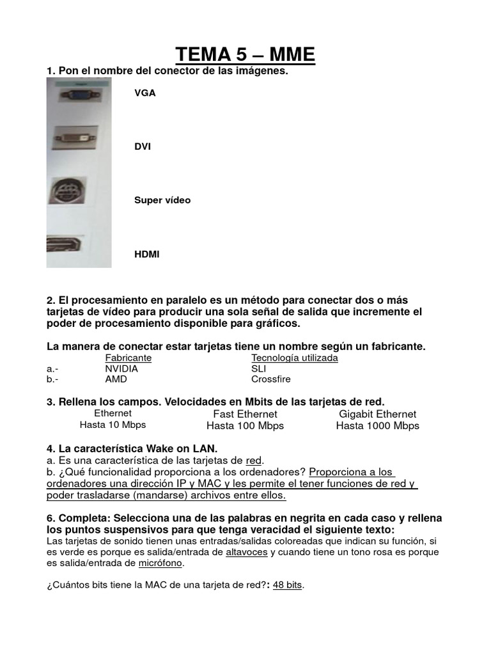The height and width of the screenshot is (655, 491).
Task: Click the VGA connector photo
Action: click(78, 95)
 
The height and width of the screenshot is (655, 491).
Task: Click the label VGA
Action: click(144, 93)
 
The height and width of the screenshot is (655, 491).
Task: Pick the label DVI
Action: click(142, 146)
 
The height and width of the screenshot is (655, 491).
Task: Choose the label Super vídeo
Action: click(162, 200)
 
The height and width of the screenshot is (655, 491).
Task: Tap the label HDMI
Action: click(147, 254)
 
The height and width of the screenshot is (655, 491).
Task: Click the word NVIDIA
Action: click(121, 368)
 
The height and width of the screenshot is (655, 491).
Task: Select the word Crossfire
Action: click(271, 379)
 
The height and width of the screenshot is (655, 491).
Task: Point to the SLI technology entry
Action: click(259, 368)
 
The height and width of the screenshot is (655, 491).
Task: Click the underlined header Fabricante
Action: click(129, 358)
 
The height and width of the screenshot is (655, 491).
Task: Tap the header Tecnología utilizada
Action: click(295, 358)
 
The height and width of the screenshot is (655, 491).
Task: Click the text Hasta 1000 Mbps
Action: click(378, 425)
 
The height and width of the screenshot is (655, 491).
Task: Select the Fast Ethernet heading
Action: click(245, 414)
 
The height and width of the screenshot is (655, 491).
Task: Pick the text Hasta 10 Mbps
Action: click(113, 425)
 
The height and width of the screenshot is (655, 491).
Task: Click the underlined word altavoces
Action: click(247, 551)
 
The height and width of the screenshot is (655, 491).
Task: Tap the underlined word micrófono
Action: click(161, 563)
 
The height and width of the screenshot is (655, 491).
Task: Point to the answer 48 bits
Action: click(287, 585)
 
